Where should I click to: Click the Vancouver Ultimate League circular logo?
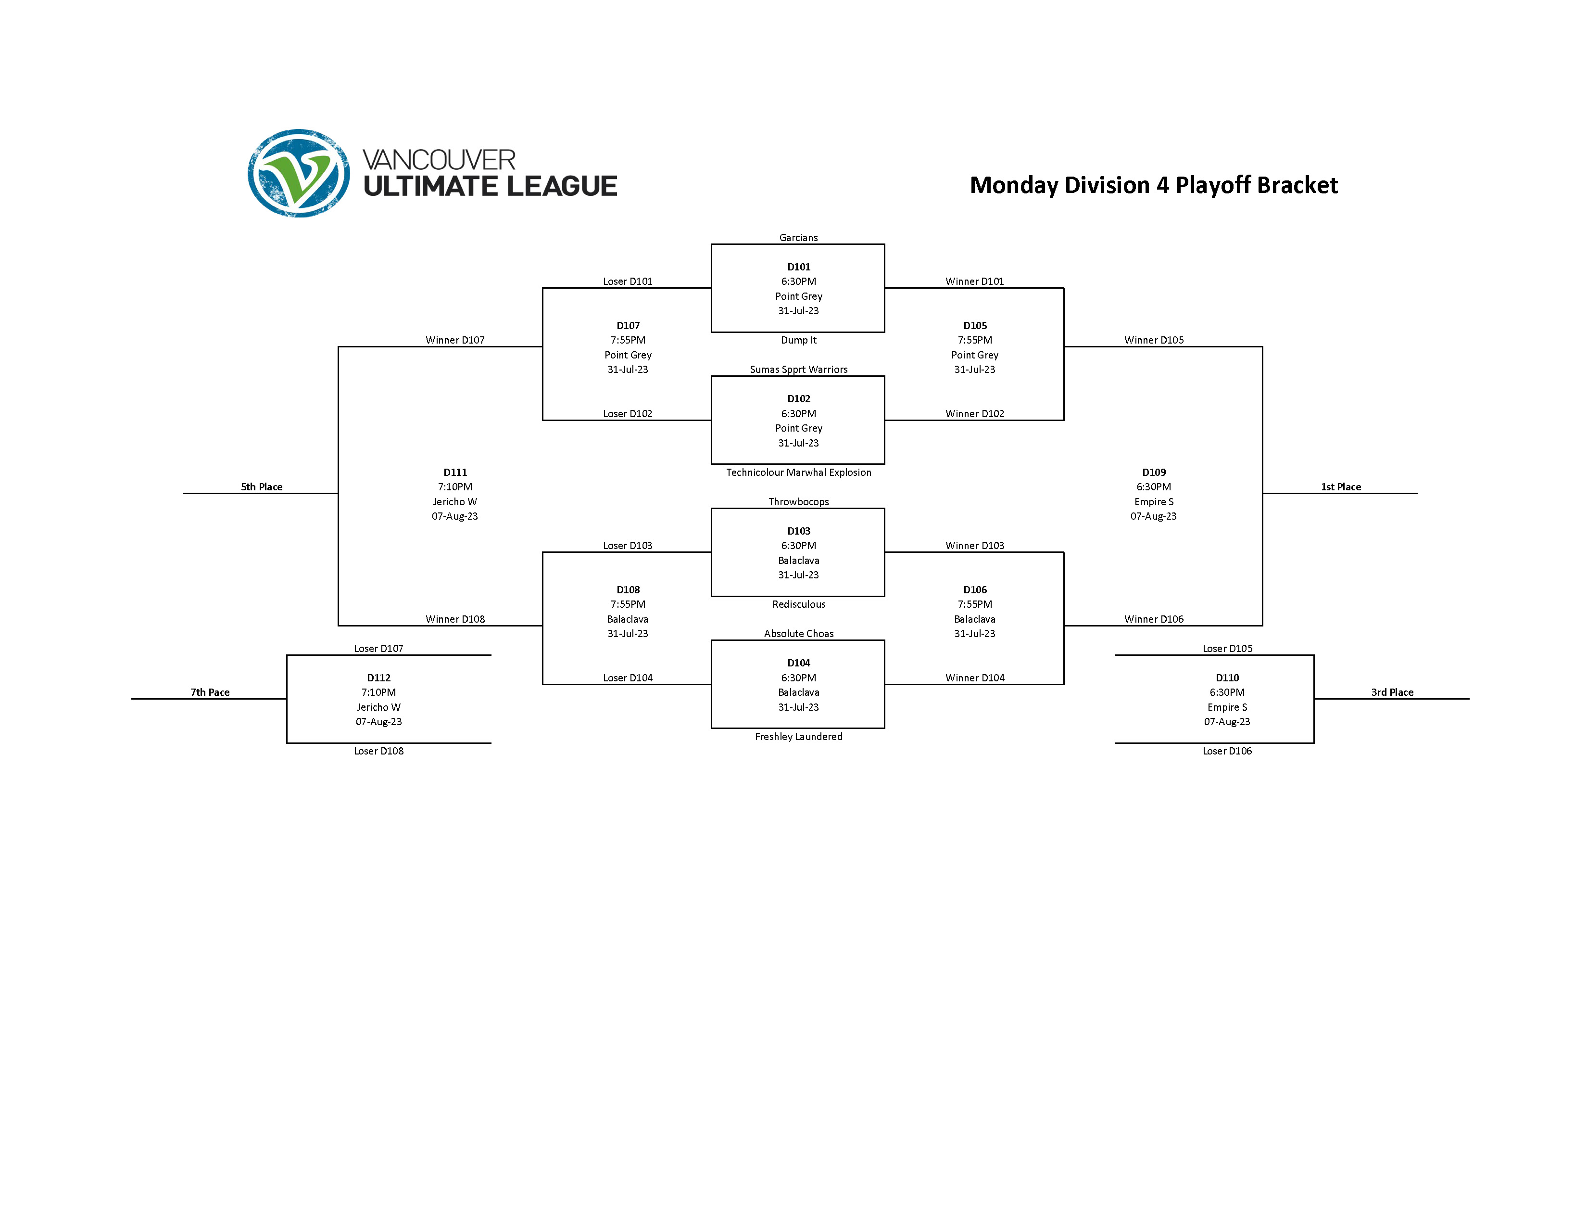[299, 173]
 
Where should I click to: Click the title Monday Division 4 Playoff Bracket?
[1153, 185]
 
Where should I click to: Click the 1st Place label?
[1341, 487]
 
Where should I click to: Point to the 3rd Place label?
[1392, 692]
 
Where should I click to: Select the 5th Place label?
[262, 487]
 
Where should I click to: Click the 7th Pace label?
[210, 692]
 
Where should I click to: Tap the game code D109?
[1153, 473]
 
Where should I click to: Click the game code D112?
[378, 677]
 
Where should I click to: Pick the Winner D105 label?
[1153, 340]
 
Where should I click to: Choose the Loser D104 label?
[627, 677]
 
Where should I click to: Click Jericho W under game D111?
[455, 501]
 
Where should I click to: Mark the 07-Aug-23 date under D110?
[1227, 722]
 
